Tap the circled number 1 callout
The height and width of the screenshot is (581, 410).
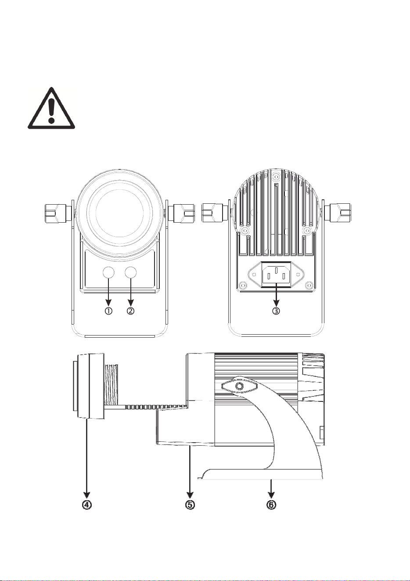[108, 311]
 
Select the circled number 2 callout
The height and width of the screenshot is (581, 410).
[131, 311]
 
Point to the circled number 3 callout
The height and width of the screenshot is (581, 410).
[276, 311]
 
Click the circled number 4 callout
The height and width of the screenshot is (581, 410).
[86, 505]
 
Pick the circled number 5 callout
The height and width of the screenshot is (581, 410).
[190, 505]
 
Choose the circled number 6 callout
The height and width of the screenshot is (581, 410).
[271, 505]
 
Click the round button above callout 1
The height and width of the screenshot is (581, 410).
[109, 273]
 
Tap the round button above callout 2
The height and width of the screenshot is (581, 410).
[131, 273]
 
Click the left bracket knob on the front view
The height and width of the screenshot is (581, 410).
[57, 214]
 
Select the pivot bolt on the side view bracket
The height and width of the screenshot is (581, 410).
[239, 387]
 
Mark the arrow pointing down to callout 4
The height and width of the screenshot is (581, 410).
[86, 458]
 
